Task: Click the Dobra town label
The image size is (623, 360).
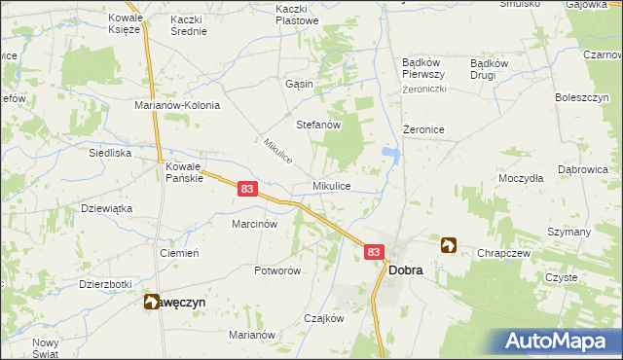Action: [406, 270]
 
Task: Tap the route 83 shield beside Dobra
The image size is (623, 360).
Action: [375, 251]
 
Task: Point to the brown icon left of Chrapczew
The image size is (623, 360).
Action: [449, 245]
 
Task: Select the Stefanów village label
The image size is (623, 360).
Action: [317, 125]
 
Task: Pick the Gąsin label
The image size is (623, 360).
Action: [300, 84]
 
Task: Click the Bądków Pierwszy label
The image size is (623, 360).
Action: [423, 69]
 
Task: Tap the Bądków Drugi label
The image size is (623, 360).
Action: [489, 69]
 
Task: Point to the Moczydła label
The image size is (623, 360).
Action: [521, 179]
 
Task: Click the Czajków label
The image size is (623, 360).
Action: [324, 318]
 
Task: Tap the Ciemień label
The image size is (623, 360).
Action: [179, 252]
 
